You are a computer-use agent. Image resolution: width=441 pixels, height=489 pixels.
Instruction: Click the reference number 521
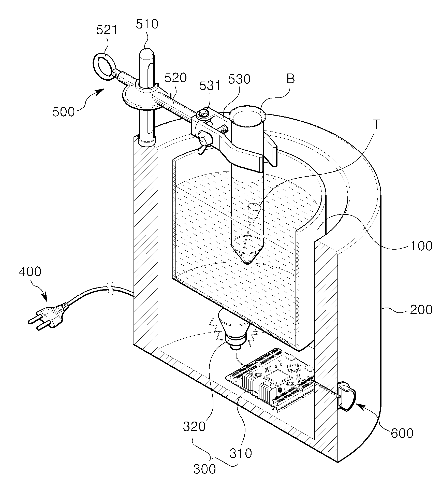point(107,30)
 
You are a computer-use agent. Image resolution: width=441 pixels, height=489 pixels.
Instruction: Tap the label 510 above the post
point(147,24)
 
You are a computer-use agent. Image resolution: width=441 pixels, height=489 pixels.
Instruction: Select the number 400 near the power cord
point(30,272)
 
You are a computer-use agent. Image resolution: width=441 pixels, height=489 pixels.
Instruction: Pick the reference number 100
point(421,246)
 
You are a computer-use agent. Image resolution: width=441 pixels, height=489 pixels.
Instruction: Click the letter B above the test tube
point(291,79)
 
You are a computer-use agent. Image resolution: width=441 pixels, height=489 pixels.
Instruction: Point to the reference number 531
point(210,86)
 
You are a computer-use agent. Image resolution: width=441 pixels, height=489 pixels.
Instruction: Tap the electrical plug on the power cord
point(48,315)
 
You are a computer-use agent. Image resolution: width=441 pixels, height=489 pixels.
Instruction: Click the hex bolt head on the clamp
point(203,113)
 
